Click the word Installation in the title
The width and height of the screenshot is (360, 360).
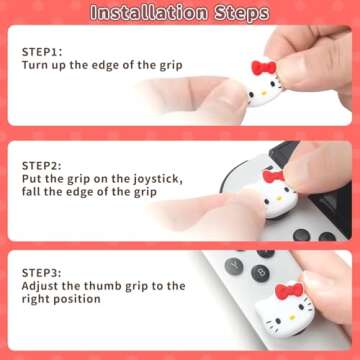pos(151,13)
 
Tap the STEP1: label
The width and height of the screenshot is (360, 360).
pos(41,49)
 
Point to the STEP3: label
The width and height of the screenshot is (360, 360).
pos(42,269)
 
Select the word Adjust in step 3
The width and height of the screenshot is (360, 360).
pos(43,285)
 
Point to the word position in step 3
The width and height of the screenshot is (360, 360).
pos(88,300)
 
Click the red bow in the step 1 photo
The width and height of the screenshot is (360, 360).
pos(263,68)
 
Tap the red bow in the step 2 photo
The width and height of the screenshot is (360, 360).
pos(273,178)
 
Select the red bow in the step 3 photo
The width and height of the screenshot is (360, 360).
pos(289,292)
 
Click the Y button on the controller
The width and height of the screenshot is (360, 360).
pos(234,267)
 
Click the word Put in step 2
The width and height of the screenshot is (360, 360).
pos(33,178)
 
